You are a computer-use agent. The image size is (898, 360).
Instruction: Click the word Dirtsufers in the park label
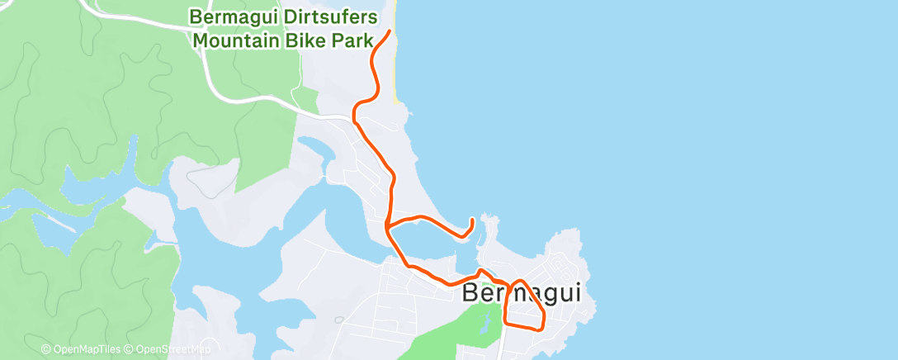[x=327, y=17]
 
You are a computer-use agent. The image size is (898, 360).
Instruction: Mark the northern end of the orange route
[x=389, y=31]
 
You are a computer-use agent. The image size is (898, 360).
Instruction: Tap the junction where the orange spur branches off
[x=386, y=224]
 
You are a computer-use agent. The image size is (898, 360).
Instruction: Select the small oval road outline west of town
[x=338, y=319]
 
